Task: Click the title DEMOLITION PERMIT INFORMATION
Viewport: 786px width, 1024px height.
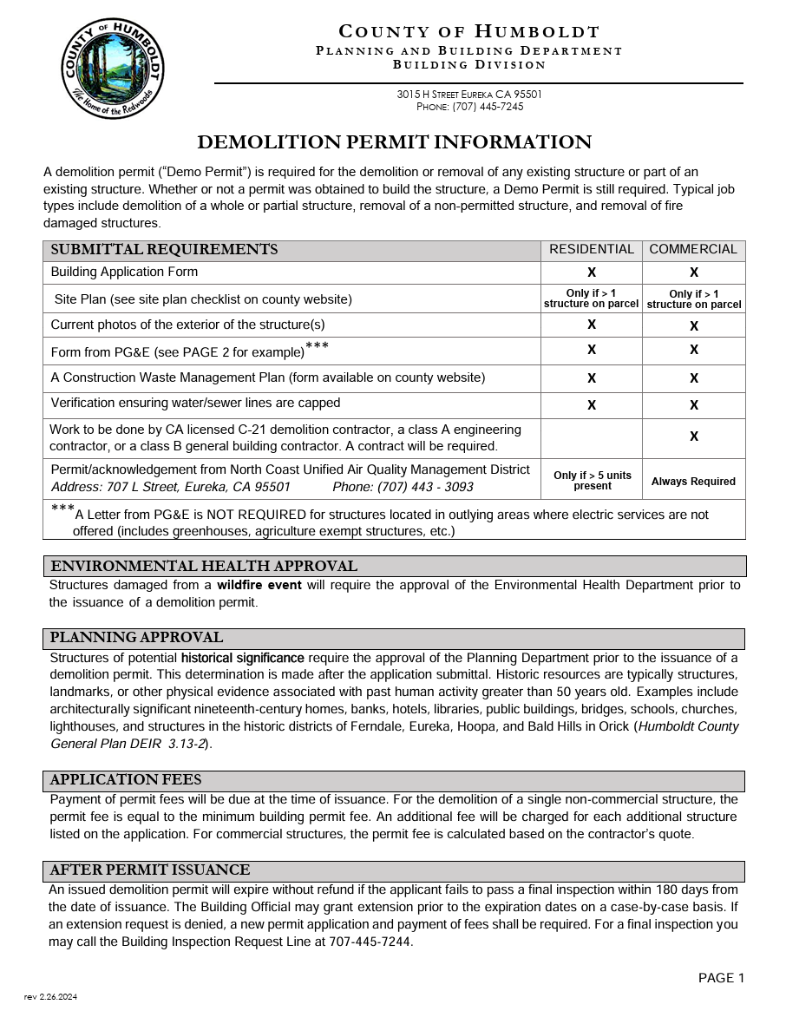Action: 394,142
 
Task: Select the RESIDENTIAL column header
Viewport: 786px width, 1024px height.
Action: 592,249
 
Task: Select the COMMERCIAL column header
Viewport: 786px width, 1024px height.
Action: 693,249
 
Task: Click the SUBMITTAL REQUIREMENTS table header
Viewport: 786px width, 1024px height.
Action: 165,250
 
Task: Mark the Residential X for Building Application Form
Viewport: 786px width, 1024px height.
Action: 592,272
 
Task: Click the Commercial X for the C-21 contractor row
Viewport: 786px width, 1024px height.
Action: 694,437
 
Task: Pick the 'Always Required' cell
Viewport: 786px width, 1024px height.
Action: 693,482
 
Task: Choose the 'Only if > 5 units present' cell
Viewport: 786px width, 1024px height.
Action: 593,481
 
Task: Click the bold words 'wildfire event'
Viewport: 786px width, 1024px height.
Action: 259,585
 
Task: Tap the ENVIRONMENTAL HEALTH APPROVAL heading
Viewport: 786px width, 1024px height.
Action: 204,567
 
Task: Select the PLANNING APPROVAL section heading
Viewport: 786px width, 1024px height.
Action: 136,638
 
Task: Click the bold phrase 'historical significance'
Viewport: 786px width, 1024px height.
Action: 242,658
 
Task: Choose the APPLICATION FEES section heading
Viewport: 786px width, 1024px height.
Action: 126,780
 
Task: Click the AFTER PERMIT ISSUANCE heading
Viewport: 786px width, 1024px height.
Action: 150,870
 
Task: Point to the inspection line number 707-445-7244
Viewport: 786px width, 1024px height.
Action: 370,942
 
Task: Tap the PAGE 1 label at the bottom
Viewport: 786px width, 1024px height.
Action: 721,978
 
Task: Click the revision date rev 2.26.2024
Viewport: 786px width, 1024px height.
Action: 50,997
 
